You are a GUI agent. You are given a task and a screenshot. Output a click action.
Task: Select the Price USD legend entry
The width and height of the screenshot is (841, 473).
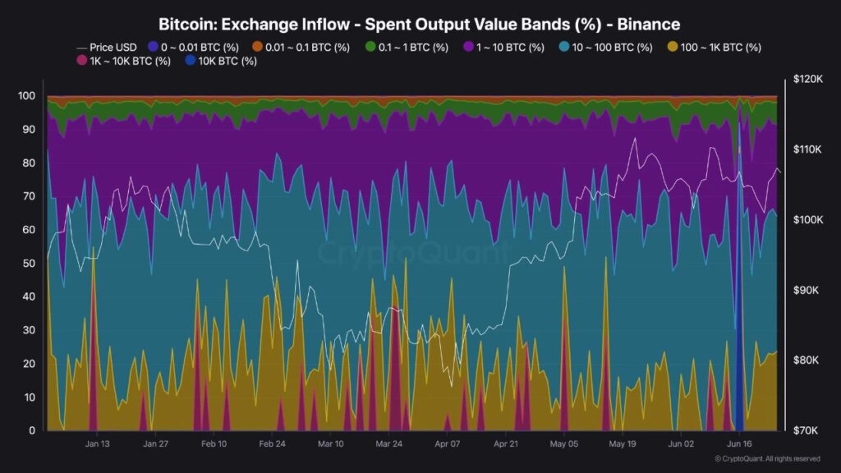coord(107,48)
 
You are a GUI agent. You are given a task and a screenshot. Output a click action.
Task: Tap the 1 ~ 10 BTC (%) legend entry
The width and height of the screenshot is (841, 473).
coord(504,48)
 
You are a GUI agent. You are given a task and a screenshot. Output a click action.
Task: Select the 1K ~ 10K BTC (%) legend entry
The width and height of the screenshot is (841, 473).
coord(123,61)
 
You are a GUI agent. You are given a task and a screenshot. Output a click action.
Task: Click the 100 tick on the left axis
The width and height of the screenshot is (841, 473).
coord(26,96)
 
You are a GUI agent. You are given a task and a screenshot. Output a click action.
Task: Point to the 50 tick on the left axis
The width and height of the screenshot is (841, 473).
coord(29,263)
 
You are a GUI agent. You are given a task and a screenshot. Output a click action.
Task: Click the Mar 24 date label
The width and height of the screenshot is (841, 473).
coord(388,443)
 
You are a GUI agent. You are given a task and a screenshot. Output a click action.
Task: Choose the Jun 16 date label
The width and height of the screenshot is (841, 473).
coord(740,443)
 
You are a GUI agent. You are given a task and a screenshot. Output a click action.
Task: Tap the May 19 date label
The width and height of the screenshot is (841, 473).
coord(622,443)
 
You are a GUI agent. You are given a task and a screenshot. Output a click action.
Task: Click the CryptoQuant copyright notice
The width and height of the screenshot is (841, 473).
coord(768,459)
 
